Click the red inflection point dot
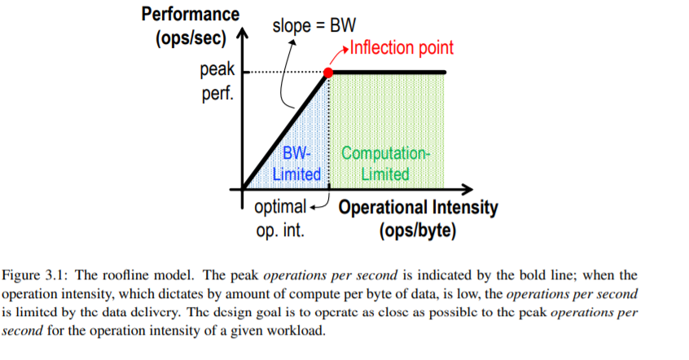point(328,73)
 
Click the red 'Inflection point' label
point(401,48)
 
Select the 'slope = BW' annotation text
point(314,24)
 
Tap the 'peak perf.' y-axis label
point(216,82)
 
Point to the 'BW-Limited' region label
point(296,163)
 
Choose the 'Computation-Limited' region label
point(385,163)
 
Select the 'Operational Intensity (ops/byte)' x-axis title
point(417,218)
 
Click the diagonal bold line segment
point(285,131)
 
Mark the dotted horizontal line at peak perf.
point(285,73)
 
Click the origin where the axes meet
point(243,190)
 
